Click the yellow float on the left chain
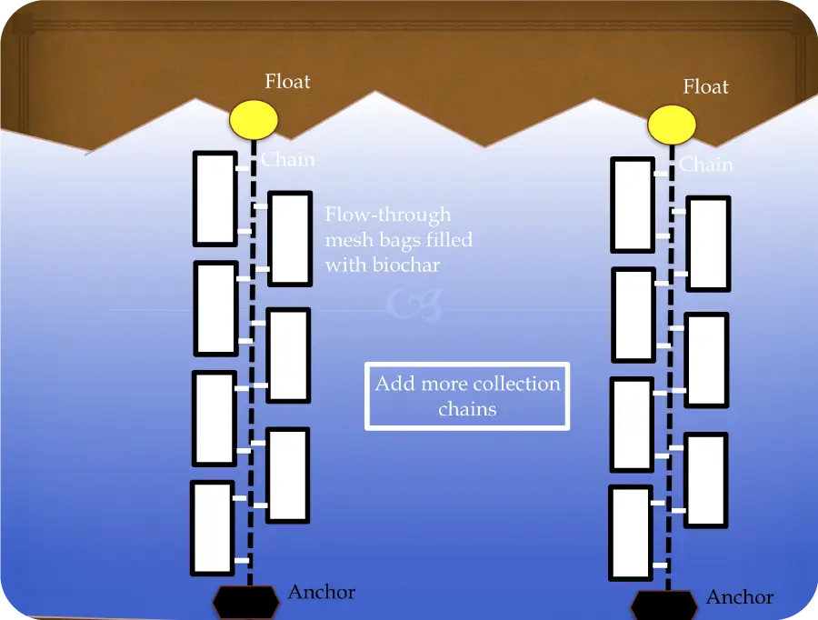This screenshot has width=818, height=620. click(254, 119)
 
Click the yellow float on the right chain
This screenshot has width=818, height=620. click(672, 125)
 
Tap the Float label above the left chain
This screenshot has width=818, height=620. click(287, 82)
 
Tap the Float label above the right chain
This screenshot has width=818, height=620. click(706, 86)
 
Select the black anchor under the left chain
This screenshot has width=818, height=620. click(245, 601)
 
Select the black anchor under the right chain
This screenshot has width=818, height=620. click(664, 605)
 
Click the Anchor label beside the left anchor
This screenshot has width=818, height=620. click(322, 592)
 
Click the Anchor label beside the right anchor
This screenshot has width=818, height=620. click(740, 597)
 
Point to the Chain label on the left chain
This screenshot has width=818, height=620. click(288, 159)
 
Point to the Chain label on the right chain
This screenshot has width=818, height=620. click(706, 165)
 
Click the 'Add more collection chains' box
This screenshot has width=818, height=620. click(467, 396)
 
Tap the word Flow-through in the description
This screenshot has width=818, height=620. click(388, 215)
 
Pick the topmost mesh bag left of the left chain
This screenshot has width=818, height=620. click(215, 199)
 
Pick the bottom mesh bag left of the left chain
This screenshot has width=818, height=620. click(213, 528)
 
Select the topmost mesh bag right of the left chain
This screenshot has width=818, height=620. click(290, 238)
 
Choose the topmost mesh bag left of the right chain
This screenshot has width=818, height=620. click(633, 205)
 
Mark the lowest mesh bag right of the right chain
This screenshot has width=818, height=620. click(706, 480)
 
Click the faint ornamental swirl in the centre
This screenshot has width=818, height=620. click(415, 304)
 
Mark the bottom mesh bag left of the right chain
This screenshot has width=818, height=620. click(631, 533)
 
